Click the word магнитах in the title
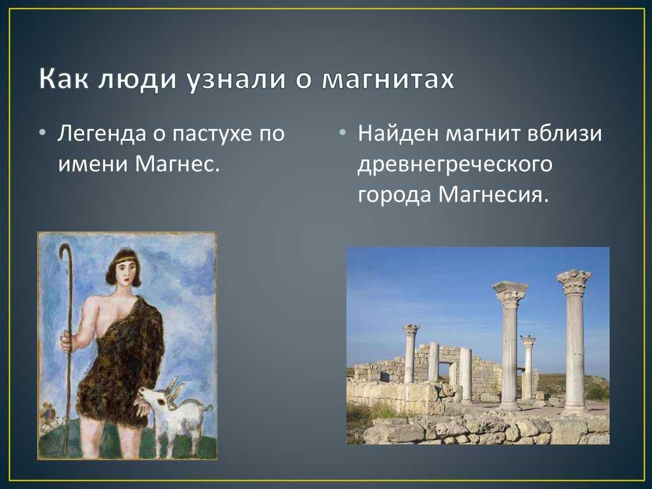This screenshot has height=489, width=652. [388, 78]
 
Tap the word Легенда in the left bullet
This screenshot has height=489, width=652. [103, 135]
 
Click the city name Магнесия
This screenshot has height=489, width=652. [493, 194]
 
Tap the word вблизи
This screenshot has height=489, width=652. [564, 134]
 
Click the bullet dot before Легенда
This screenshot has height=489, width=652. [42, 133]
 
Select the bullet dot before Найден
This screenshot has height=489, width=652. [342, 133]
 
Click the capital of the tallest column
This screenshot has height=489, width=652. [574, 282]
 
